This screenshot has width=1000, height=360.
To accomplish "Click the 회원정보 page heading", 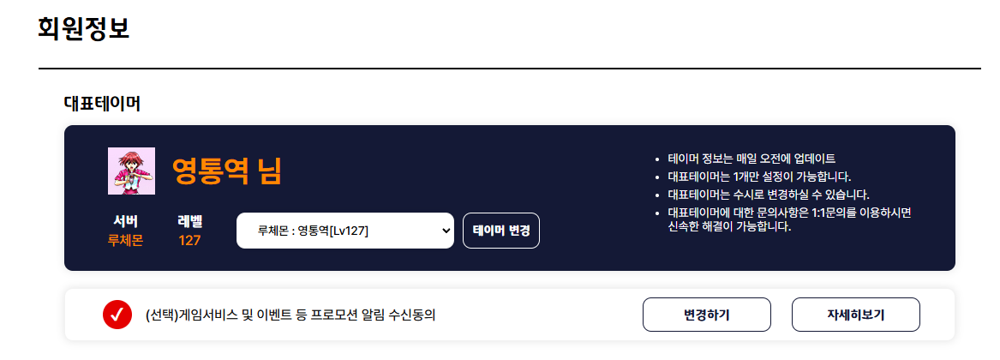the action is click(84, 29).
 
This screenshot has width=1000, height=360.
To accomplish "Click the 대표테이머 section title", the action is click(102, 104).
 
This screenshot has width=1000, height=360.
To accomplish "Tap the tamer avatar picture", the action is click(131, 171).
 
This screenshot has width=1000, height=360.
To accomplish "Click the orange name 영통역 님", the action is click(226, 171).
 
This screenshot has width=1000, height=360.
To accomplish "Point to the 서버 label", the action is click(126, 221).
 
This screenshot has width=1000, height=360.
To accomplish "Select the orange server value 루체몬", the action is click(126, 241).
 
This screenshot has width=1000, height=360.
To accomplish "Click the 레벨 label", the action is click(190, 221).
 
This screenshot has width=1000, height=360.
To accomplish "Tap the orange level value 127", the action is click(190, 241).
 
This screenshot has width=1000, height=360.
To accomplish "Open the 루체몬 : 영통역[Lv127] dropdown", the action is click(345, 231).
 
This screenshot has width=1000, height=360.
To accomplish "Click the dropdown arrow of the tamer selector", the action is click(446, 231).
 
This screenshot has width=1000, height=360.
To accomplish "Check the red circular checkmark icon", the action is click(117, 315).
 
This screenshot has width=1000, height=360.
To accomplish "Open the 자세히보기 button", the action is click(855, 315).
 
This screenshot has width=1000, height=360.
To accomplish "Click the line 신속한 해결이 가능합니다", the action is click(729, 226).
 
